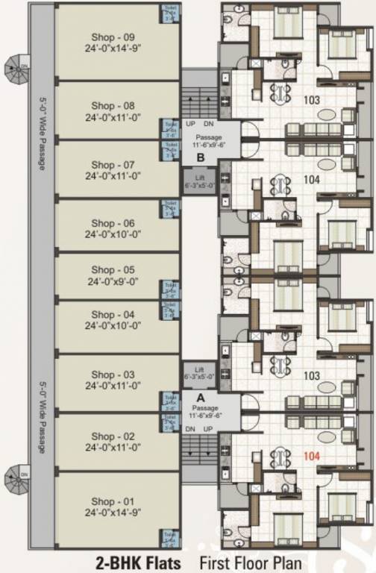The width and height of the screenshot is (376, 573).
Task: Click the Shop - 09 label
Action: point(113,37)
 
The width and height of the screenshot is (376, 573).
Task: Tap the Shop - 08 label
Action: point(113,106)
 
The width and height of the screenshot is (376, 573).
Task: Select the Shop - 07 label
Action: point(113,165)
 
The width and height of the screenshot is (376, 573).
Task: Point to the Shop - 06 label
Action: point(113,223)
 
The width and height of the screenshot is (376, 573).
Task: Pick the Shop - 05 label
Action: point(113,270)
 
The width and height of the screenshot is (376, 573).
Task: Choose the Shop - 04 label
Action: point(113,315)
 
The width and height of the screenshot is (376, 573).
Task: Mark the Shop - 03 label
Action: point(113,375)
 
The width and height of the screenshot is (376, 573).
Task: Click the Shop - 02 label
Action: point(113,436)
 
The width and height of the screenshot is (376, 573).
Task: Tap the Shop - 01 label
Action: point(113,495)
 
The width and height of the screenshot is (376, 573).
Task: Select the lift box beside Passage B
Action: point(199,181)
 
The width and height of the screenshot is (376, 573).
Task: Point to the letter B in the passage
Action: point(200,157)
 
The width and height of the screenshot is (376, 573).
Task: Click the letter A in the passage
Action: point(201,398)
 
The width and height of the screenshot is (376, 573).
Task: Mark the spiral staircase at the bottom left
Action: point(16,479)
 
